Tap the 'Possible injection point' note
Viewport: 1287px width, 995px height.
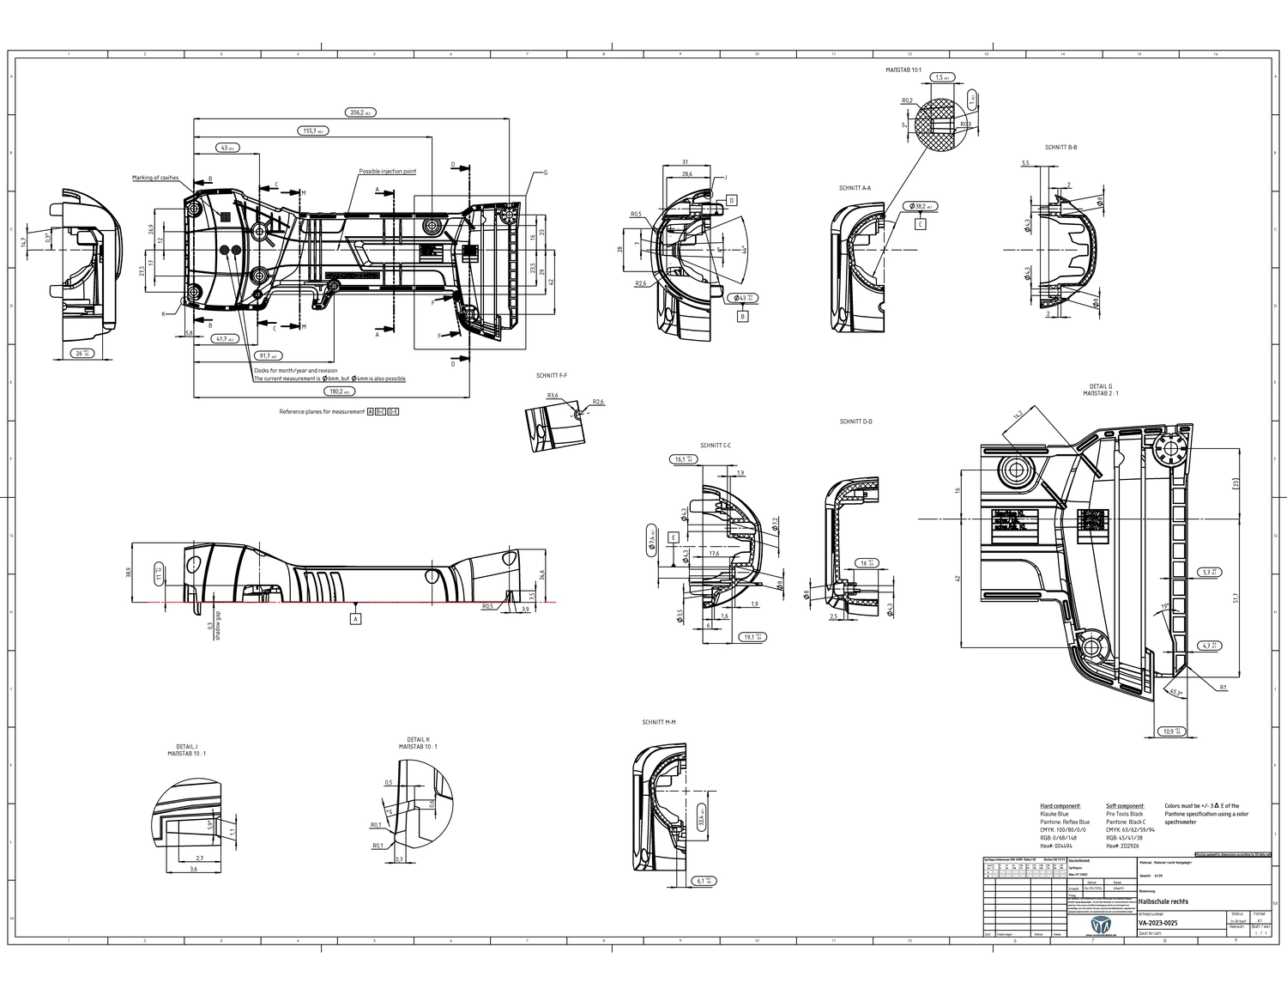pos(387,172)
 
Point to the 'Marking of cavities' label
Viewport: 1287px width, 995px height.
pos(155,178)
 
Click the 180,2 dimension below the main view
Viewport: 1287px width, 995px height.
pos(338,391)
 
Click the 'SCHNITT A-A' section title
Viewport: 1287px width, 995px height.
pos(855,188)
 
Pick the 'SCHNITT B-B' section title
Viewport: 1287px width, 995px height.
pos(1060,148)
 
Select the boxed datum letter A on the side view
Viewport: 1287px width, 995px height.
pos(355,618)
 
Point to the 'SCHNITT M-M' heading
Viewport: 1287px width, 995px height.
pos(658,723)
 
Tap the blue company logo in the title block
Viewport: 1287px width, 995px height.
pos(1099,925)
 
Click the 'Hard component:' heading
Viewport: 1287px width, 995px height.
pos(1060,806)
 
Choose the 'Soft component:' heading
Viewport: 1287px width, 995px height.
pos(1125,806)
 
